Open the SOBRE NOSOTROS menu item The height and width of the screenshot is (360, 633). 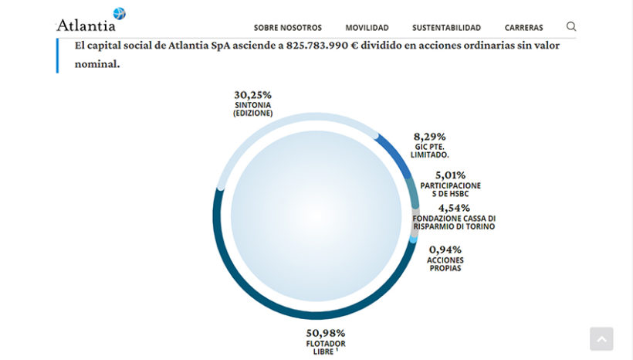click(287, 28)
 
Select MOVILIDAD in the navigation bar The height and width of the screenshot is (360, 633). click(367, 28)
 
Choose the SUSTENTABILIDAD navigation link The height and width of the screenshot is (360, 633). click(446, 28)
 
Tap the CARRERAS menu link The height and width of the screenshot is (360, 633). click(523, 28)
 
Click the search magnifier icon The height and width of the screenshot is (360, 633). click(571, 26)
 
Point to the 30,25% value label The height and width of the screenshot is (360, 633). click(252, 94)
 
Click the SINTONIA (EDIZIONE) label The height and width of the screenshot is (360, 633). click(252, 109)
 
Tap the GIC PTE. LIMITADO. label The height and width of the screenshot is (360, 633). click(430, 151)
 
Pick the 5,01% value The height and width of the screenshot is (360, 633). click(450, 175)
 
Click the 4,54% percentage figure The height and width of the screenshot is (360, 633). click(454, 208)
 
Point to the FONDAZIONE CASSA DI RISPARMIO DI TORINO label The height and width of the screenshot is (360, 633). click(454, 222)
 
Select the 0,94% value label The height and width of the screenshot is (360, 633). click(445, 250)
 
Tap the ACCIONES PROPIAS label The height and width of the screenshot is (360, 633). click(445, 264)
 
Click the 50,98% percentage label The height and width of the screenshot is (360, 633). click(326, 333)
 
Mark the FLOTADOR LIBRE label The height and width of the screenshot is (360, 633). click(326, 347)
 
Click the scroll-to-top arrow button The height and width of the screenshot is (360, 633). click(601, 338)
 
